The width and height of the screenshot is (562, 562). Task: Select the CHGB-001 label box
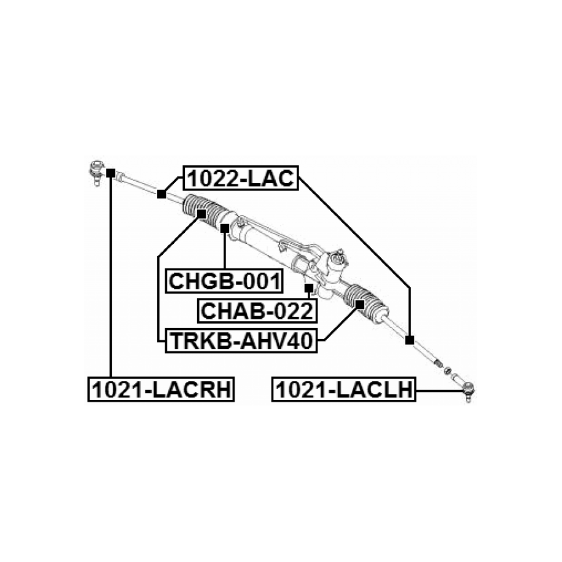225,281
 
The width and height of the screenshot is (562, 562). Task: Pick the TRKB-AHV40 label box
241,340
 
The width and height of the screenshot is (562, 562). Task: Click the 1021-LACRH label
162,389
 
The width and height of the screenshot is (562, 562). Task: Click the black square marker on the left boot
200,214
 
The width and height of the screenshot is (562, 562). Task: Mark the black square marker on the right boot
360,303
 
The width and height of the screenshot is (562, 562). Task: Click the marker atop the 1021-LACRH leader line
110,173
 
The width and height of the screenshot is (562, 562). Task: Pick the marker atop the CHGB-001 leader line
224,228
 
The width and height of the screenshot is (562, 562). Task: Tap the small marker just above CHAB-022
308,287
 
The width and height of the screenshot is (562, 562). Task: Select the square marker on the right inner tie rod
410,339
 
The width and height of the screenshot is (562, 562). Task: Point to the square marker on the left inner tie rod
161,195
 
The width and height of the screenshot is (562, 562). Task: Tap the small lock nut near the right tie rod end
448,370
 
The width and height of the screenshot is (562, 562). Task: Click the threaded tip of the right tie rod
437,363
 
